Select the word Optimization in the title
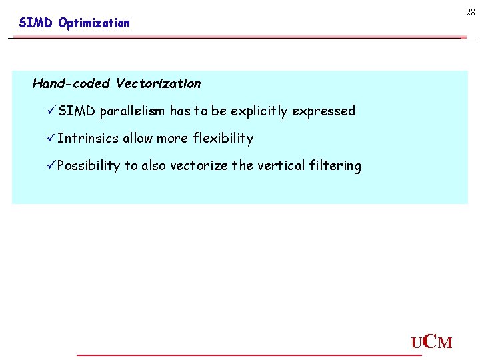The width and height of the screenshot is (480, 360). [94, 23]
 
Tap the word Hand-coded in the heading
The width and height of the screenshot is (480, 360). [71, 84]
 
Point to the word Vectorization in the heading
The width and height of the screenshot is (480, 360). [158, 84]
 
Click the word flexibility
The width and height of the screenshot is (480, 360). [223, 139]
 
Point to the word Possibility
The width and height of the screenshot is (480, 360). [88, 166]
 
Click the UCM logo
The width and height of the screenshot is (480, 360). [431, 343]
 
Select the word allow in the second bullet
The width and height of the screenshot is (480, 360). [137, 139]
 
